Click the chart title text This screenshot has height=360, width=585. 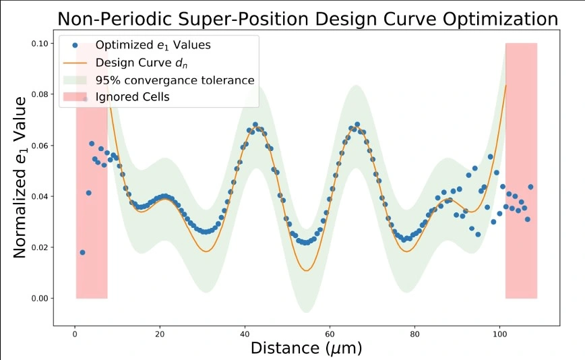[307, 19]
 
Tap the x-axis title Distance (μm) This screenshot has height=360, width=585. [306, 349]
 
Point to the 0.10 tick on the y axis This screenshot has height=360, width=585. [40, 44]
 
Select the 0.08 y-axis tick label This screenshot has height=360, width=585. [40, 95]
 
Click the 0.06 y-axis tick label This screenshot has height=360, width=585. [40, 146]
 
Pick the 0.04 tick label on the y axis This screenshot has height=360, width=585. [40, 197]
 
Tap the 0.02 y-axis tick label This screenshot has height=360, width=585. [40, 247]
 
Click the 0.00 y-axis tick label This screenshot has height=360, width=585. [40, 298]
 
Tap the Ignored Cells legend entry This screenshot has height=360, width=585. [132, 97]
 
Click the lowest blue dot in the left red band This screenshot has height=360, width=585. [82, 252]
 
